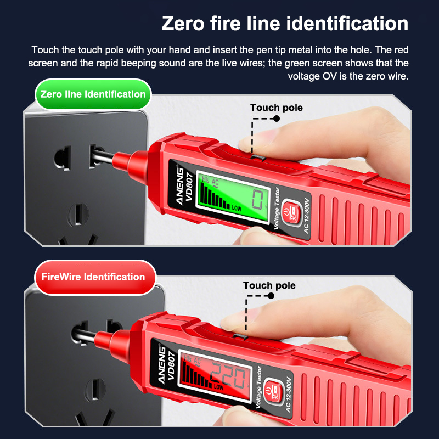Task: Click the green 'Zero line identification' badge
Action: point(93,94)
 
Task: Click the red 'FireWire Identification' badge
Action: point(95,277)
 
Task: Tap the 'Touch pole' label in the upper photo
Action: point(277,108)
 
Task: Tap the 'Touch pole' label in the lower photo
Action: point(269,285)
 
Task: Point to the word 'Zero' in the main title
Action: point(183,24)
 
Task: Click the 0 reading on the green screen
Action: point(257,199)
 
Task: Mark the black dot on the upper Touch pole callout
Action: point(277,119)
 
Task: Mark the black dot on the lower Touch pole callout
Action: point(271,296)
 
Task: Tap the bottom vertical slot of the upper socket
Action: point(78,214)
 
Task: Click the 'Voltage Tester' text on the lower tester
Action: point(259,387)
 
